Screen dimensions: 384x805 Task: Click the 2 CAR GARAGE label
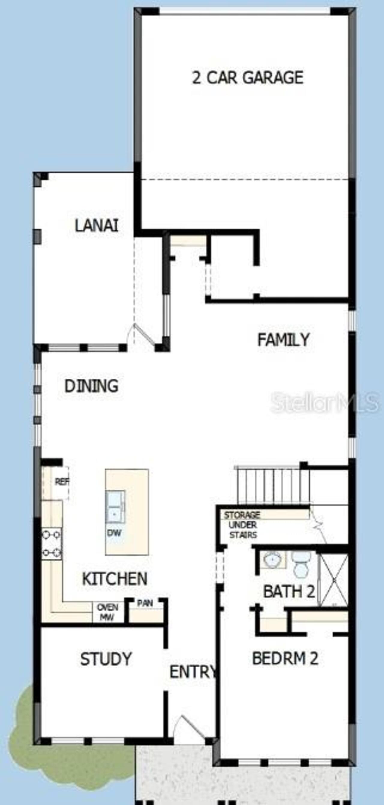click(x=247, y=77)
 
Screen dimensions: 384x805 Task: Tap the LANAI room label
click(x=97, y=225)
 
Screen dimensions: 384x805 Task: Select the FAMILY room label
click(x=283, y=339)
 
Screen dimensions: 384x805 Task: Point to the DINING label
click(x=91, y=386)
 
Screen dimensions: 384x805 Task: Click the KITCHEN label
click(x=114, y=579)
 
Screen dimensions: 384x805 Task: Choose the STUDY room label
click(x=106, y=659)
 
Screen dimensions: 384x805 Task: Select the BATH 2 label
click(x=289, y=591)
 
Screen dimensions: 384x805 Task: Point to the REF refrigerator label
click(x=62, y=482)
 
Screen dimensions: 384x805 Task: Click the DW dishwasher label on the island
click(x=114, y=533)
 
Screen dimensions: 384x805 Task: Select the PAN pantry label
click(x=145, y=603)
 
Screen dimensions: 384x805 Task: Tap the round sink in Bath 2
click(x=273, y=559)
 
